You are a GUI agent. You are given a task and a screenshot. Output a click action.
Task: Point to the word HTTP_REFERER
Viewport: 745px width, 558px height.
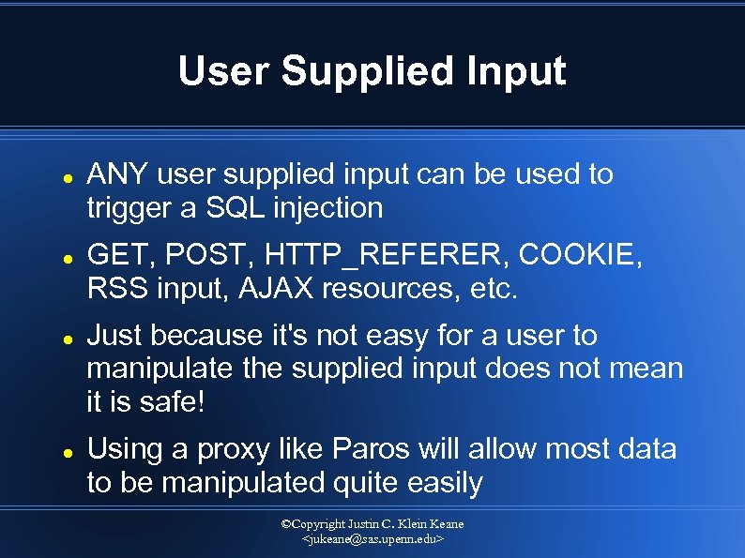pos(388,254)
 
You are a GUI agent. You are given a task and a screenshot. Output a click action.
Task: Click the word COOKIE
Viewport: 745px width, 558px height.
pos(580,254)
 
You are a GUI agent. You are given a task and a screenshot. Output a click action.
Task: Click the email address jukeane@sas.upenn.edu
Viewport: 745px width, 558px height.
pos(372,541)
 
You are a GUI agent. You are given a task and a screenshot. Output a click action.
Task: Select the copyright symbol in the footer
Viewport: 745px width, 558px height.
pos(287,524)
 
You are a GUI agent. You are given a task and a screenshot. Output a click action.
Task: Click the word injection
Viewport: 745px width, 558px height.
pos(327,207)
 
